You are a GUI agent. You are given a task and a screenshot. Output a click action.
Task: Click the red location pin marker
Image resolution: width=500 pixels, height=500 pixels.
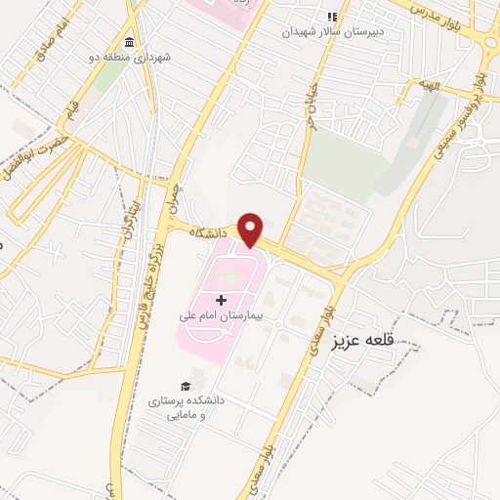click(x=253, y=229)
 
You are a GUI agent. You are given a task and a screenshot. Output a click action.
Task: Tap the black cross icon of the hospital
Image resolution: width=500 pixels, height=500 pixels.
click(x=220, y=299)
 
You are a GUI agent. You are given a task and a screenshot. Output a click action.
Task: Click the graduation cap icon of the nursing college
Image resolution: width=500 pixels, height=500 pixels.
click(x=186, y=387)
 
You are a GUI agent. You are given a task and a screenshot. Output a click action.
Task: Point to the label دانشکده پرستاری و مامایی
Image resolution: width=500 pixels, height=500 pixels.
click(x=186, y=408)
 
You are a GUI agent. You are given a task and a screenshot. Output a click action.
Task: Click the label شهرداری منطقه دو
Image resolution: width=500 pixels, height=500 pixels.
click(x=140, y=59)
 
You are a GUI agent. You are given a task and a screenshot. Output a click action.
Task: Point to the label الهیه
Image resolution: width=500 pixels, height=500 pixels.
click(x=431, y=87)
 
